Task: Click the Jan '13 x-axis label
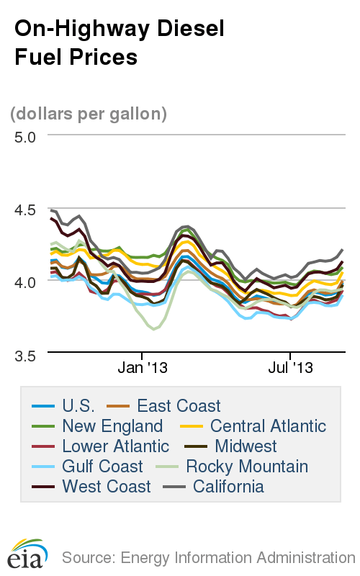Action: click(x=143, y=368)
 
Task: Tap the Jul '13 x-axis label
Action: click(x=290, y=368)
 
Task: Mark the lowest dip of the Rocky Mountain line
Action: click(x=153, y=329)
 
